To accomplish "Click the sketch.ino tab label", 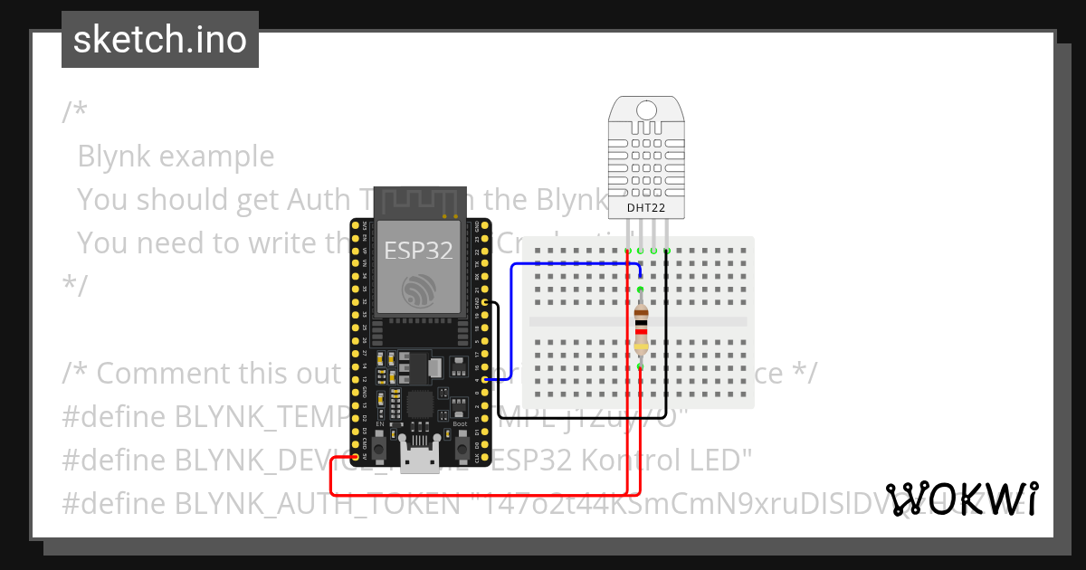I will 159,40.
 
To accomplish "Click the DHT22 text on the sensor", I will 645,208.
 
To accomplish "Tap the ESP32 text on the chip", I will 418,250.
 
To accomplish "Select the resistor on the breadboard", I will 641,328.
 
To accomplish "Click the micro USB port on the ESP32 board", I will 418,461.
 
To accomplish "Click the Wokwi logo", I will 962,499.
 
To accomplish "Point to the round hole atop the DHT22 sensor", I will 645,109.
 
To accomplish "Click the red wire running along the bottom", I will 480,495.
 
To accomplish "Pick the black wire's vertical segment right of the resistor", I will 667,326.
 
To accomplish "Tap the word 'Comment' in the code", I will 155,373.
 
